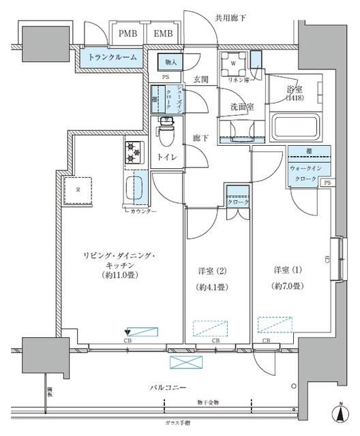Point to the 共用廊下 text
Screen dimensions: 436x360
coord(230,17)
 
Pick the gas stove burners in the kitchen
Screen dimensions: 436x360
coord(132,152)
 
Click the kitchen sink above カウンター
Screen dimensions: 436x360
coord(136,186)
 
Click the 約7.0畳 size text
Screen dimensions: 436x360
coord(286,287)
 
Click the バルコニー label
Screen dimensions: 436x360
coord(168,387)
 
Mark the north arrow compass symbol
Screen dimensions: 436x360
coord(339,413)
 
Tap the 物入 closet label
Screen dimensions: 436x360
coord(170,63)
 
